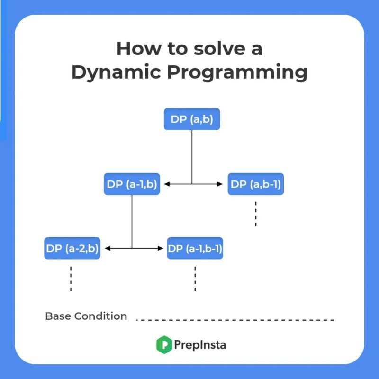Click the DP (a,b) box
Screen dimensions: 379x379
192,119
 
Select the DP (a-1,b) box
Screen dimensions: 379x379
132,184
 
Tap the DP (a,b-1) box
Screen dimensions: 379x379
256,184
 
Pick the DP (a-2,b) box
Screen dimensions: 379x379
72,248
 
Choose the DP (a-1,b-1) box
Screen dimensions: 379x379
195,248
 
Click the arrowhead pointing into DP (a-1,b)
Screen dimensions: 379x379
167,184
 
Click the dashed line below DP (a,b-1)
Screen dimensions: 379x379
256,214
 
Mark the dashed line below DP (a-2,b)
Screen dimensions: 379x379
71,278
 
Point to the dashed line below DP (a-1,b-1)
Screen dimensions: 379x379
195,278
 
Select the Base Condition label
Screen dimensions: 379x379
86,316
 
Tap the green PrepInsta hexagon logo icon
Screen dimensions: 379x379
163,344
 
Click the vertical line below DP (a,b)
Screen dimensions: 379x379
192,156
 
